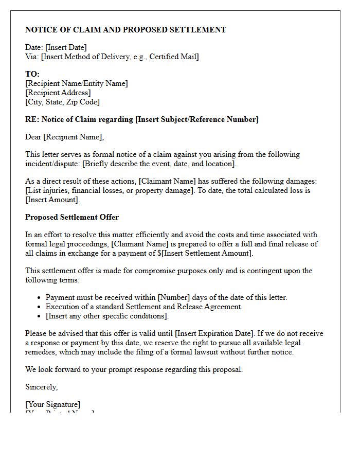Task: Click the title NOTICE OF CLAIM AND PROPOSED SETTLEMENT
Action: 125,30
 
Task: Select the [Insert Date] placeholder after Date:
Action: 66,48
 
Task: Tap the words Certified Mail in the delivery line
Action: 173,57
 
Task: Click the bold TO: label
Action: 32,74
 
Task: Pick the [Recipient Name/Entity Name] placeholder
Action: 77,83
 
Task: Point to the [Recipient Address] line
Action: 58,93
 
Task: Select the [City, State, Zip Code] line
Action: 62,102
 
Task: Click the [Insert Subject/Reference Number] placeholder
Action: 196,119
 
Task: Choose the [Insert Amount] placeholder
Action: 49,200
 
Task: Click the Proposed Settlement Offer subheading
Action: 72,217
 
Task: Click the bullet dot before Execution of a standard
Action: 40,307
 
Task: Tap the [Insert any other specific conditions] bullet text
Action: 107,316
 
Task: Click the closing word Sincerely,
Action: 42,387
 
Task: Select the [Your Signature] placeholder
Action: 53,404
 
